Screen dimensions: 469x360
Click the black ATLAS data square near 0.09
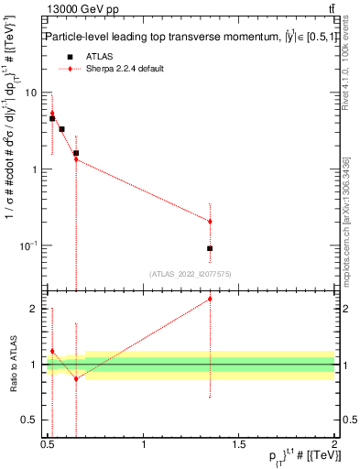coord(210,248)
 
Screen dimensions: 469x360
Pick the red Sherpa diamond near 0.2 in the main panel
coord(210,221)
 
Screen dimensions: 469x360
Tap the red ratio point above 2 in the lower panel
coord(210,299)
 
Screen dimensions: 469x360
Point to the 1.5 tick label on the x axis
coord(239,444)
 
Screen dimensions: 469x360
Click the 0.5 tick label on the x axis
coord(48,444)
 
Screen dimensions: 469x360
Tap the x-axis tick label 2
coord(334,444)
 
